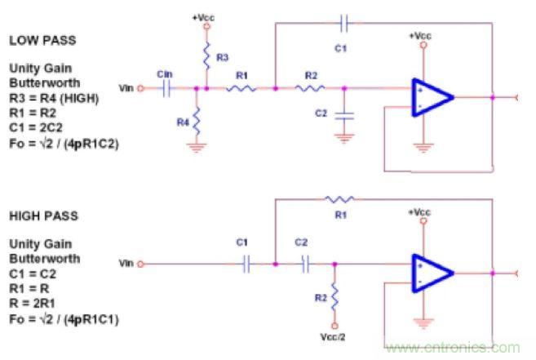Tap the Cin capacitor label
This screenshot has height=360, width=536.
pos(165,73)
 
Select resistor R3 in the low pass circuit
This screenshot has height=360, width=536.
pos(206,56)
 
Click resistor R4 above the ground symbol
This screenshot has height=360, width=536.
pos(197,122)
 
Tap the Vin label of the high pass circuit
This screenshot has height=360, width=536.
pos(126,264)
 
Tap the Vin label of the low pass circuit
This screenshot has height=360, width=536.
pos(126,88)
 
